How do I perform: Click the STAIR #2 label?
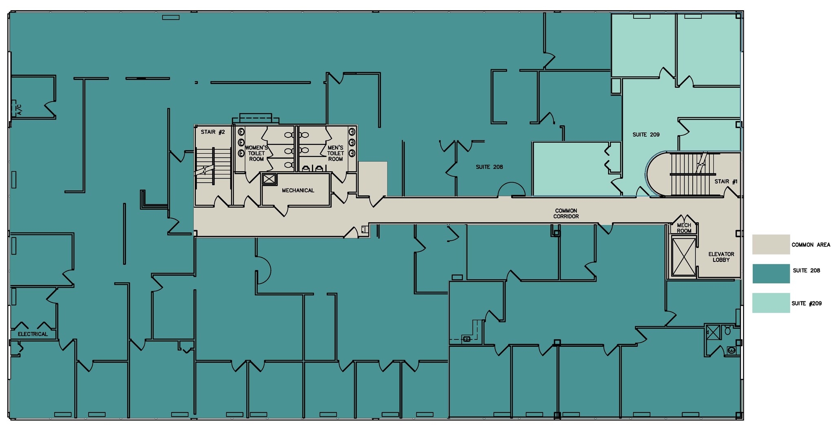coord(213,132)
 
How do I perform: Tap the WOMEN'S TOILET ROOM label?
coord(256,153)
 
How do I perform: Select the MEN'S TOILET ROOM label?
coord(336,153)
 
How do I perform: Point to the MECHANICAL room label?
coord(298,190)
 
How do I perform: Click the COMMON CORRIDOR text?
coord(566,214)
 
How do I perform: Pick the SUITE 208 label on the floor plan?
coord(489,167)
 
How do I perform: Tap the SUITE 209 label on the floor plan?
coord(646,135)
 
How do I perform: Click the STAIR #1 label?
coord(726,182)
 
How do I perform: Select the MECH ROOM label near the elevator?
coord(684,228)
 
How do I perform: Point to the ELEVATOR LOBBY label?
coord(721,257)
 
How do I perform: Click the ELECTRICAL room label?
coord(33,334)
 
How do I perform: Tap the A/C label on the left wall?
coord(19,109)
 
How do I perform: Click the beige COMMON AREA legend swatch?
coord(771,244)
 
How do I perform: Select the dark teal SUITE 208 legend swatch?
coord(771,273)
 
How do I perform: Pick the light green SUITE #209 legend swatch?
coord(771,303)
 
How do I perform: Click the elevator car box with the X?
coord(684,257)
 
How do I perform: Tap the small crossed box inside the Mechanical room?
coord(269,179)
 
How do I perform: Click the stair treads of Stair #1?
coord(693,175)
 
